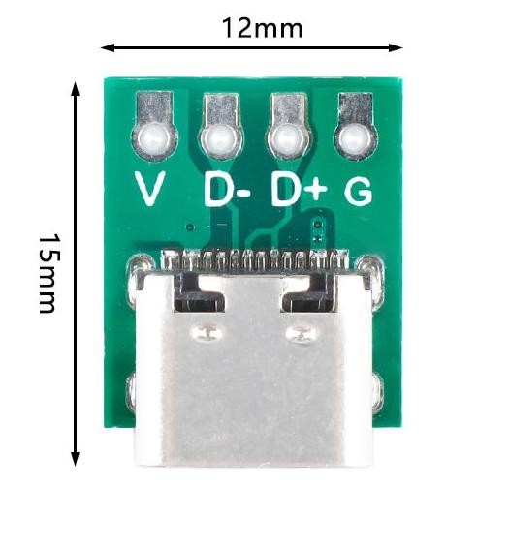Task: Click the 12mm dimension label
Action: (262, 28)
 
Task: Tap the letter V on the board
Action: (149, 189)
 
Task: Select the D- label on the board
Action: (227, 190)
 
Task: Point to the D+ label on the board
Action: (300, 189)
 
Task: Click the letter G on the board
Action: (359, 191)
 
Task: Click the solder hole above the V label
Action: (154, 139)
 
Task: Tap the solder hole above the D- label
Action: (221, 139)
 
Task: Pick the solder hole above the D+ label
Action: (288, 139)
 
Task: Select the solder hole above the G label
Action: (356, 140)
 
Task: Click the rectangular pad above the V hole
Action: (154, 106)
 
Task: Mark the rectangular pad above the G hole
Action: (356, 106)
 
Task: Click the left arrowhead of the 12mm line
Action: (108, 47)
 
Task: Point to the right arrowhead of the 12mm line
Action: (397, 47)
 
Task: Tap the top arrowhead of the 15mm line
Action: (75, 89)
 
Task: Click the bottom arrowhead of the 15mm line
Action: (75, 459)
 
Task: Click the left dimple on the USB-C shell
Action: (207, 333)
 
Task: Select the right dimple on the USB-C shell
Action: (302, 334)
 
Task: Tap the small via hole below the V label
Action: (190, 227)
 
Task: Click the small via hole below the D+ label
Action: (317, 225)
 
